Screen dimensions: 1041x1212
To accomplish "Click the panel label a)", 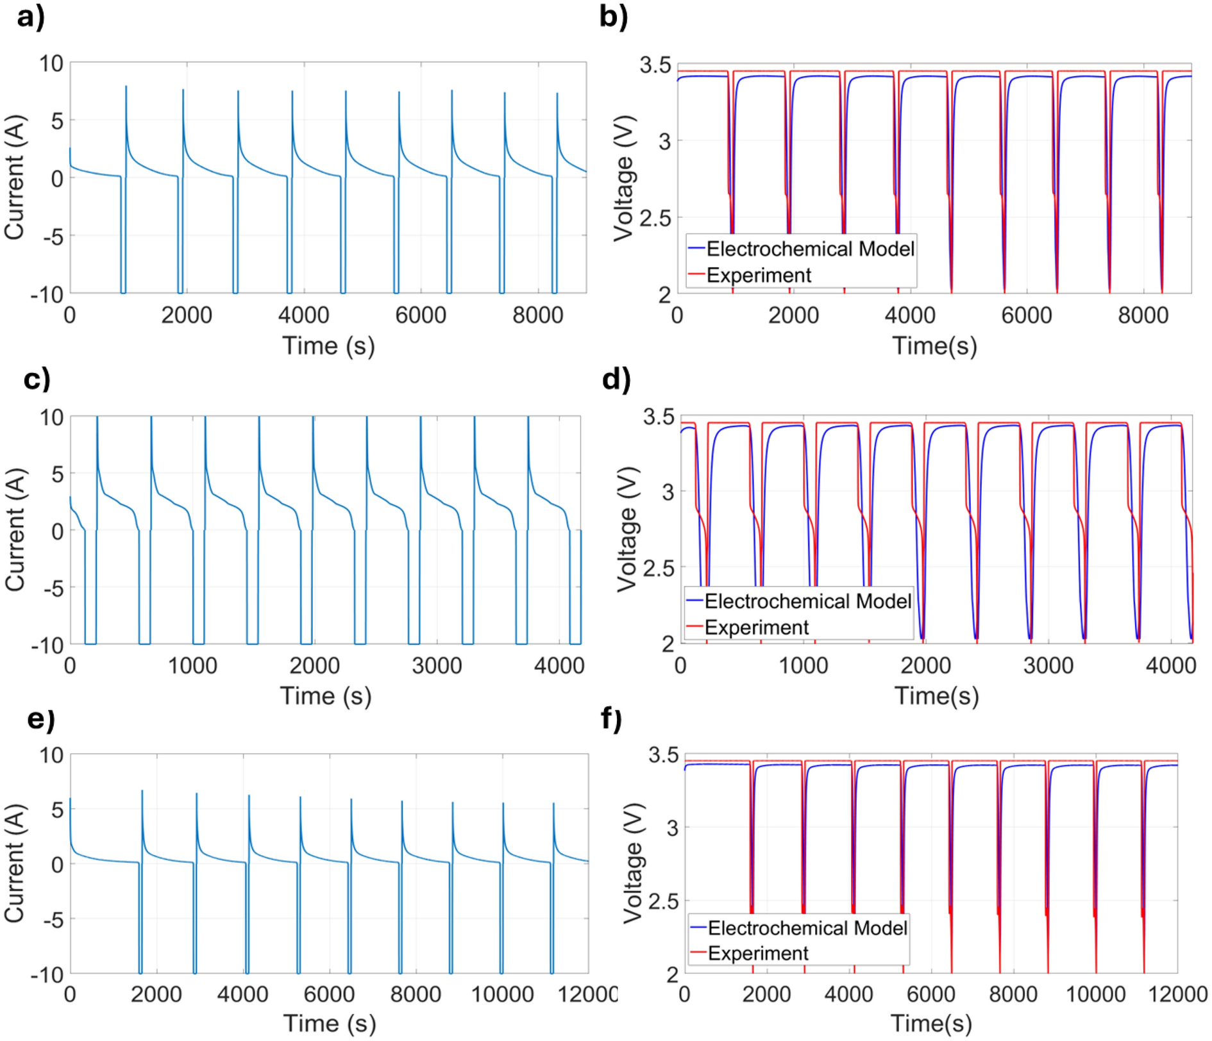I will (30, 16).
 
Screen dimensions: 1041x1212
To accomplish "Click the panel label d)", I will (616, 379).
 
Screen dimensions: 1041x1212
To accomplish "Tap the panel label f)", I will (612, 719).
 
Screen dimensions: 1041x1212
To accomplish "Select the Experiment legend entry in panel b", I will (758, 276).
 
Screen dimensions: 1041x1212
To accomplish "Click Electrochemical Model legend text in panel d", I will (807, 601).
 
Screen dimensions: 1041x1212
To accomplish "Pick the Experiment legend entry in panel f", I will (757, 953).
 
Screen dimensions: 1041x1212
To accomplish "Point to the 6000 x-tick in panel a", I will (421, 315).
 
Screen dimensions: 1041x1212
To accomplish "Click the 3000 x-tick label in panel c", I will (436, 665).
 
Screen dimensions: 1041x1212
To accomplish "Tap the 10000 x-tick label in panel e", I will (502, 994).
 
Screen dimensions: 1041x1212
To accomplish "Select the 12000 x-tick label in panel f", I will (1177, 994).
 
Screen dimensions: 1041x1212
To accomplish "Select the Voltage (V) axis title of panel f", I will (633, 863).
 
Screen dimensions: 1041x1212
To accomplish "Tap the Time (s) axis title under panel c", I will (326, 696).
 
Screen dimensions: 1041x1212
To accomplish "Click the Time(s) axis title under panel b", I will (934, 346).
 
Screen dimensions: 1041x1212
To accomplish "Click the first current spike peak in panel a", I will (126, 87).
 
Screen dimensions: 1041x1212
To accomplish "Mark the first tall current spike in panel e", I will (142, 791).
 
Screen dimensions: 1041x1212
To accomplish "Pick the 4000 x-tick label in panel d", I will (1170, 665).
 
